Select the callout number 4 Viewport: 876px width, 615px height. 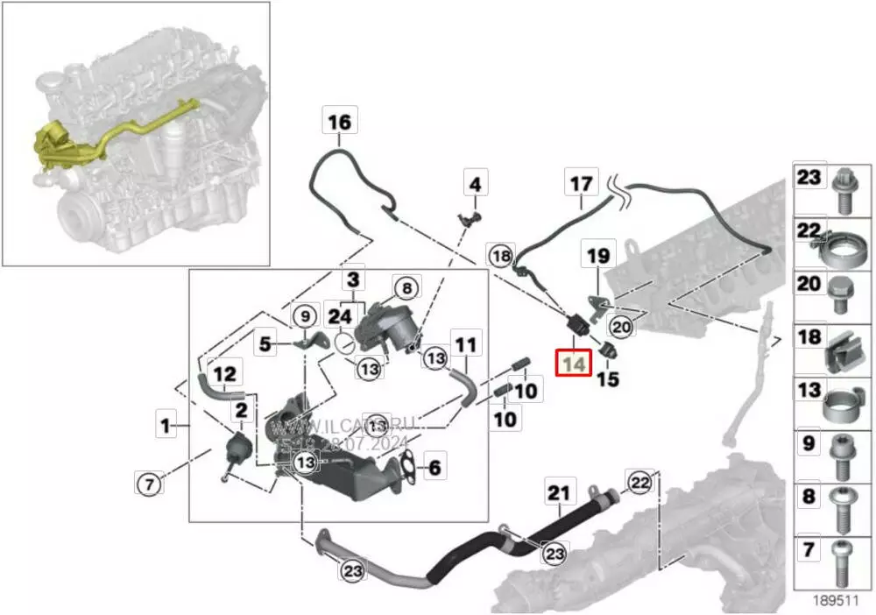coord(474,185)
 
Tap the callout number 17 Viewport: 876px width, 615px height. coord(582,184)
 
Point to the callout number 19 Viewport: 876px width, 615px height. coord(597,256)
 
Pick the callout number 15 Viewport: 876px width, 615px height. coord(608,379)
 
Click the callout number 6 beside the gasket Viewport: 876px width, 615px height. coord(434,468)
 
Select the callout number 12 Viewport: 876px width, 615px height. coord(225,374)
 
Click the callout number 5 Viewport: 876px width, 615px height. coord(265,344)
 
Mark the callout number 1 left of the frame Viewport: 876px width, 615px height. coord(165,427)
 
